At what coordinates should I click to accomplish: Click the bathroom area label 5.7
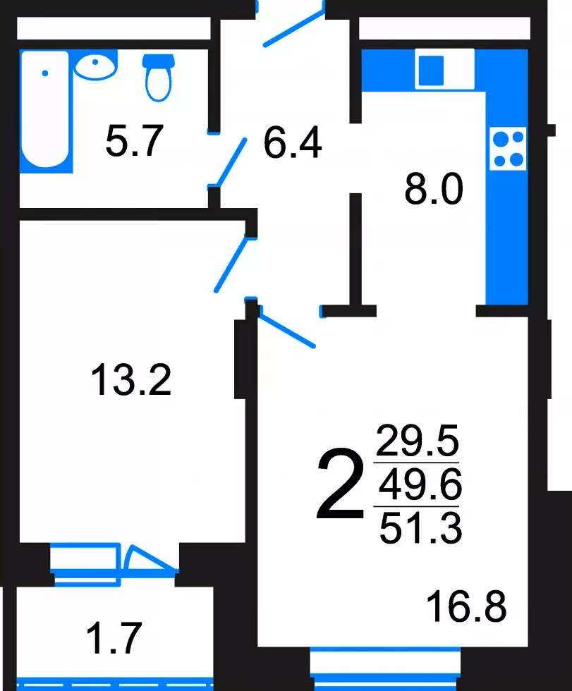135,140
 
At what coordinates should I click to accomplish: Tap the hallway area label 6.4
293,142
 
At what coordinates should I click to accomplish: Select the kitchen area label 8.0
434,189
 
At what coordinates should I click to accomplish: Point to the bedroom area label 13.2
131,379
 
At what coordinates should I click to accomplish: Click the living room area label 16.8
467,606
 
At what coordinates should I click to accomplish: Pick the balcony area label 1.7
114,637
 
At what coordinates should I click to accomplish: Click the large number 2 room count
340,484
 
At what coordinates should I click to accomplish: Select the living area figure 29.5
418,440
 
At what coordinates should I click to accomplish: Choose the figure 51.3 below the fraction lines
420,527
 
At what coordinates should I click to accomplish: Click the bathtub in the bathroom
45,111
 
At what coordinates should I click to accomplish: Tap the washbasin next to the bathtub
95,66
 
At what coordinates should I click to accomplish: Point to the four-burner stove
508,149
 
